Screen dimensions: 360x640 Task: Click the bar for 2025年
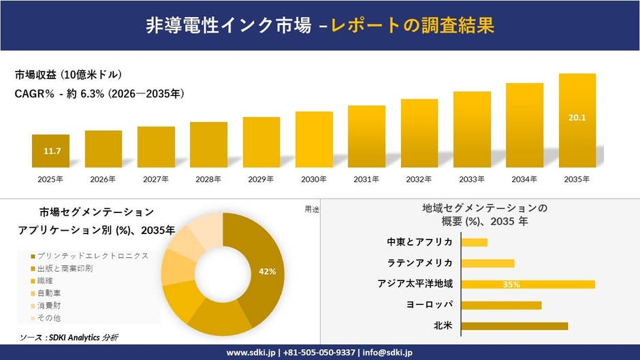[x=50, y=151]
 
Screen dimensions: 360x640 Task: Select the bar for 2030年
[x=314, y=140]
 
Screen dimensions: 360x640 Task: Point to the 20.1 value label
[x=577, y=118]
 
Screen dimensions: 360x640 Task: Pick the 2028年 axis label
[x=208, y=180]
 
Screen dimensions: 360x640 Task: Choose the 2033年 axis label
[x=472, y=180]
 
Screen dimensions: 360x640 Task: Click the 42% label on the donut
[x=268, y=272]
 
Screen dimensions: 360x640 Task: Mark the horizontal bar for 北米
[x=514, y=327]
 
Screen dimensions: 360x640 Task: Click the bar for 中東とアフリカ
[x=475, y=242]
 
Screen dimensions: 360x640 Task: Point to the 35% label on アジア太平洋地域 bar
[x=511, y=284]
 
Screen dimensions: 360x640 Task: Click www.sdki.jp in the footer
[x=251, y=353]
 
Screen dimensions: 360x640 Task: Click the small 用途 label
[x=312, y=210]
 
